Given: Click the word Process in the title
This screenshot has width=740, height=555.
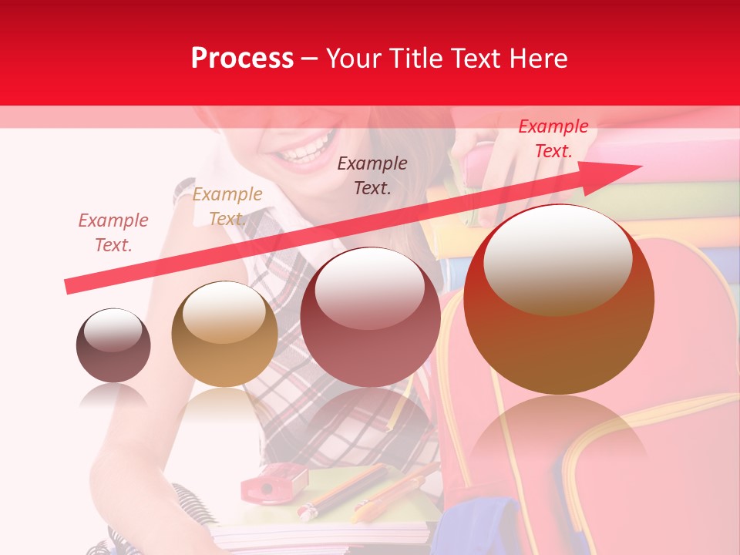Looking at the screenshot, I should tap(242, 59).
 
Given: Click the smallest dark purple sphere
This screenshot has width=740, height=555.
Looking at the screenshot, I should tap(113, 346).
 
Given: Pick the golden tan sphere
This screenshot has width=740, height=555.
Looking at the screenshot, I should tap(224, 335).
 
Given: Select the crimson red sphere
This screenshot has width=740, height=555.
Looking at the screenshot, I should tap(370, 318).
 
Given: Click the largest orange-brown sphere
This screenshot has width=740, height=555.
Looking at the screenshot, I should tap(559, 300).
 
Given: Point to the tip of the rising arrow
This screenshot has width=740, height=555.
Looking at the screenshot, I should tap(639, 166).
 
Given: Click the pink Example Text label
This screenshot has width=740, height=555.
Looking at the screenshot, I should tap(113, 233).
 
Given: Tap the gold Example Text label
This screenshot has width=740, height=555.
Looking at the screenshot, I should tap(227, 207).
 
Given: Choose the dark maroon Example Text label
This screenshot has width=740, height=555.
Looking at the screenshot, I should tap(372, 175).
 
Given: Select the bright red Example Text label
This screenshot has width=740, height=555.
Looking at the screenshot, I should tap(553, 139).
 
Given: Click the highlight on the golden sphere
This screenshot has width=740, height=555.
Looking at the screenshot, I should tap(224, 312).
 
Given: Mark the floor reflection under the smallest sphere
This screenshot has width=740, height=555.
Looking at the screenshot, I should tap(113, 396).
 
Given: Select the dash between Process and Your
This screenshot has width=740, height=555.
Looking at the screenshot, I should tap(310, 59).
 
